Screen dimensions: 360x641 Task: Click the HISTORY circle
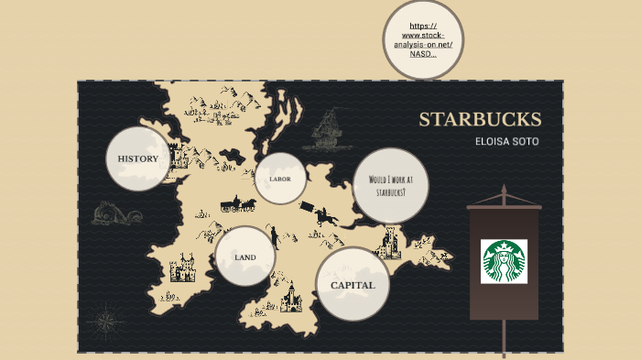point(138,158)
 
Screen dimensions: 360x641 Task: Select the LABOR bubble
point(280,179)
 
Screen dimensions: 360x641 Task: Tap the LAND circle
point(245,257)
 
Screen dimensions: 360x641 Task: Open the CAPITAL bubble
point(353,285)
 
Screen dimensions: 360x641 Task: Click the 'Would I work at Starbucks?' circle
point(391,186)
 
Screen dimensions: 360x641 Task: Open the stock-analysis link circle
point(422,39)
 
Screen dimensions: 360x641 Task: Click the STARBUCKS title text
point(480,120)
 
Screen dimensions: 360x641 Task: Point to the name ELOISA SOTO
point(506,142)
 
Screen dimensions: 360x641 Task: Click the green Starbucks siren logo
point(504,261)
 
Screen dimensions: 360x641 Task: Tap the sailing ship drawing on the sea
point(321,130)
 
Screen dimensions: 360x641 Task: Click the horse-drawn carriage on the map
point(237,203)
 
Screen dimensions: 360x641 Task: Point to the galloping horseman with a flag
point(326,216)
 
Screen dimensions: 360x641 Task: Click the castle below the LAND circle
point(292,297)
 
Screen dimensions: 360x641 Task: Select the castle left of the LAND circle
point(183,269)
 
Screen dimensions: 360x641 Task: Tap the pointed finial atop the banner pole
point(504,193)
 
